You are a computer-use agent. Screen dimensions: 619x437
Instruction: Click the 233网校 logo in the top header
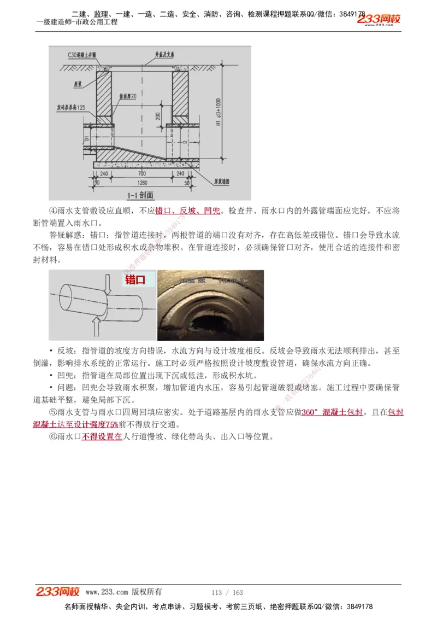coord(379,20)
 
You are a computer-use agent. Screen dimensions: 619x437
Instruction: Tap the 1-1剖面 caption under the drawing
coord(140,195)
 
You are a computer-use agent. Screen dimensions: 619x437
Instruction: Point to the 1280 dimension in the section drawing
coord(143,182)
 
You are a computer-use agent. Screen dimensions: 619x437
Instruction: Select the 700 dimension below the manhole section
coord(142,173)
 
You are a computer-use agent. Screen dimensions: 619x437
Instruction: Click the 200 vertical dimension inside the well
coord(158,116)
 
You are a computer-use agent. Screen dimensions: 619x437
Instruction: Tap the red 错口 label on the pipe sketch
coord(135,280)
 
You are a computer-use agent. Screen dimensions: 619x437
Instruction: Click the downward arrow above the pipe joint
coord(107,283)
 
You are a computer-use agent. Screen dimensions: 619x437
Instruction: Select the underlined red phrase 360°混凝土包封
coord(332,413)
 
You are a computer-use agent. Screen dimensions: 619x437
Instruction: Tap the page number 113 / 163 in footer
coord(227,593)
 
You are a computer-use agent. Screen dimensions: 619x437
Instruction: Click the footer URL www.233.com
coord(107,592)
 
